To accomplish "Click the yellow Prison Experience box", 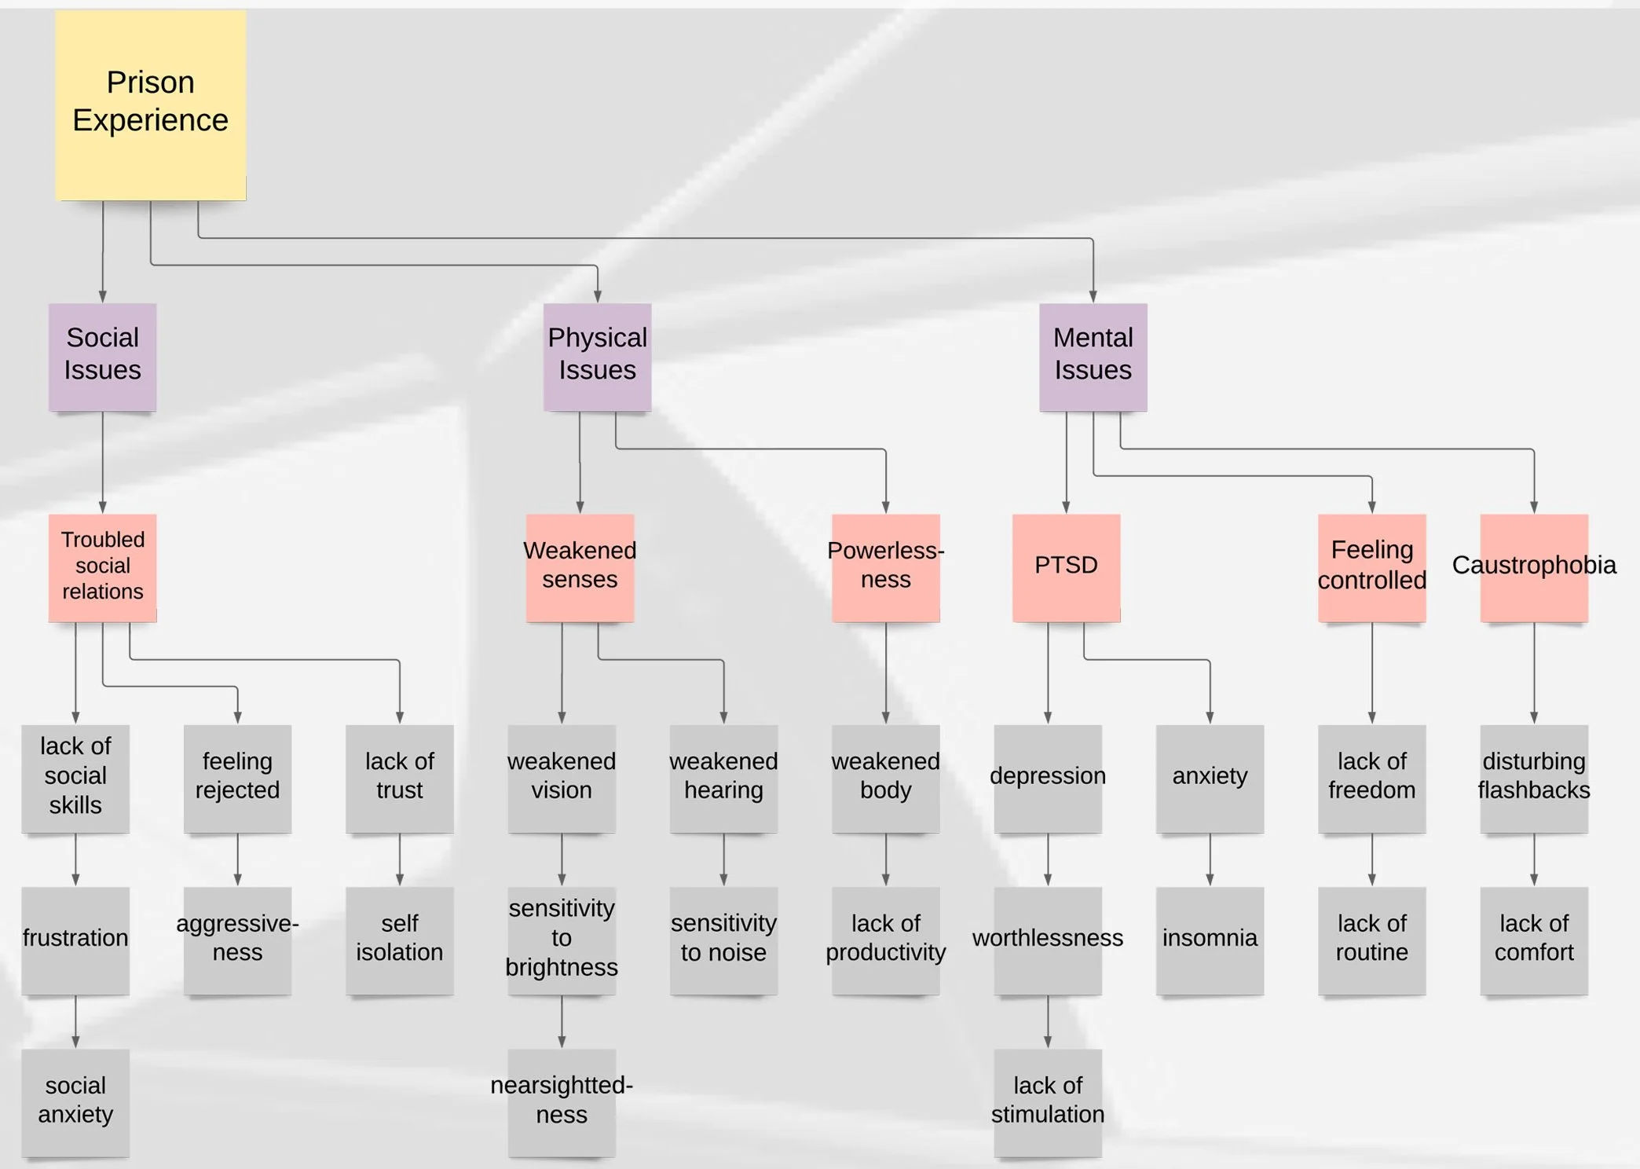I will click(150, 104).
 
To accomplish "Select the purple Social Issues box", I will click(102, 357).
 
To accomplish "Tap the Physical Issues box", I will click(597, 357).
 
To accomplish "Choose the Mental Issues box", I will click(1093, 357).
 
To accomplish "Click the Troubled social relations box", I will click(102, 567).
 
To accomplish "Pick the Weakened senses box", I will click(580, 567).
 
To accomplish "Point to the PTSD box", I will click(1066, 567).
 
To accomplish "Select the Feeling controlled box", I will click(1371, 567).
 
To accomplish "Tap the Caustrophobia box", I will click(1533, 567).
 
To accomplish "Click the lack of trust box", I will click(399, 778).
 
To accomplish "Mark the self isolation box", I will click(399, 940).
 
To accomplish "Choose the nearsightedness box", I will click(561, 1101).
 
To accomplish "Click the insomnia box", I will click(1210, 940).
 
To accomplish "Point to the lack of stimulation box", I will click(1047, 1101).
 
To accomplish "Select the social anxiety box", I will click(75, 1101).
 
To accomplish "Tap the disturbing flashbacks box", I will click(1533, 778).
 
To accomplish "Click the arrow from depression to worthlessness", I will click(1047, 859).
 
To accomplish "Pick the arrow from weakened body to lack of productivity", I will click(885, 859).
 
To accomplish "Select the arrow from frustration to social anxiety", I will click(75, 1021).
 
